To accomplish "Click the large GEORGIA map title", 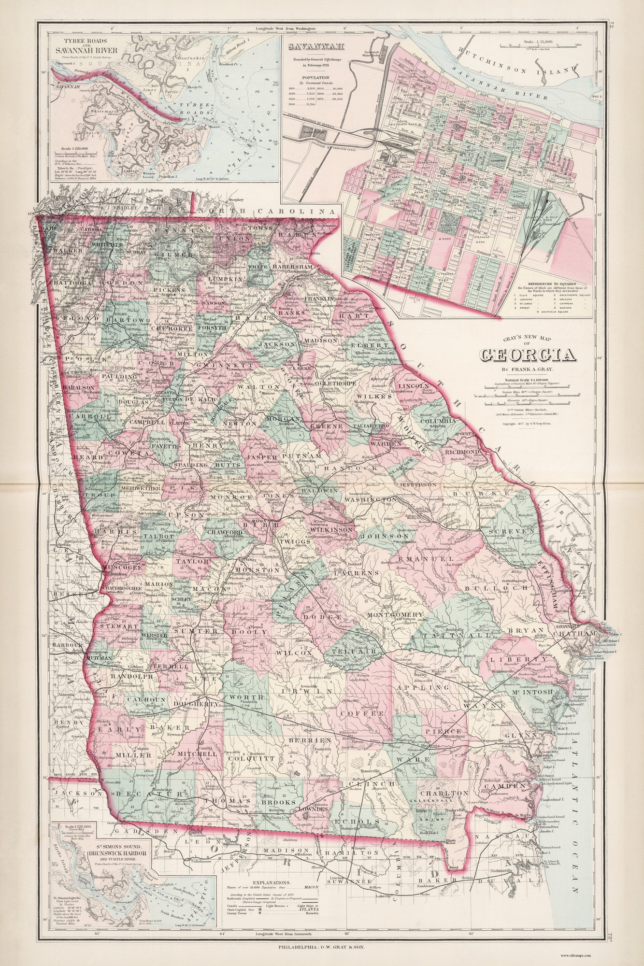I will [x=527, y=355].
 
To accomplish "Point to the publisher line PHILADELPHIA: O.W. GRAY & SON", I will [x=321, y=947].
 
